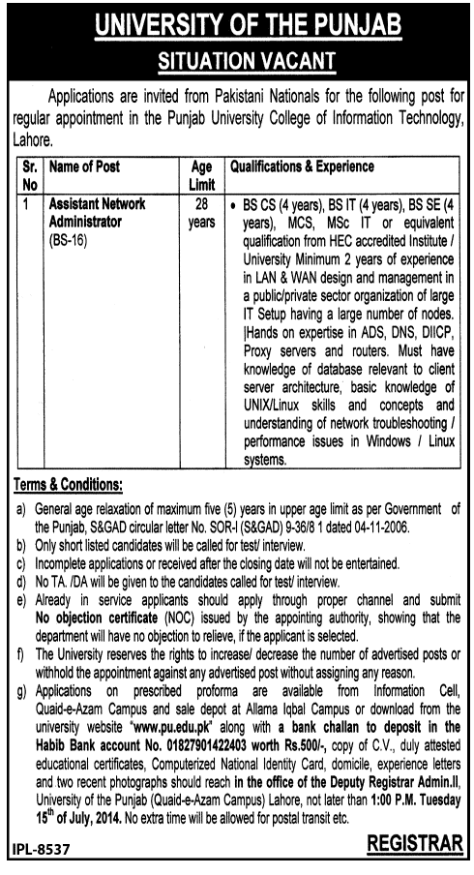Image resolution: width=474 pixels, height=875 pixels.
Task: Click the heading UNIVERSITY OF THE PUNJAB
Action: [x=236, y=25]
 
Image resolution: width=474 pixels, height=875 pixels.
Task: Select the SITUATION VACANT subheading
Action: [x=236, y=61]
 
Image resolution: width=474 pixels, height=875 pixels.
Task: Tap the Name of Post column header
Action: [x=84, y=167]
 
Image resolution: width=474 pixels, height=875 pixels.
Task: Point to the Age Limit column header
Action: [x=201, y=174]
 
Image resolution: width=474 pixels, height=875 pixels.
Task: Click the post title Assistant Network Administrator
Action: [x=97, y=213]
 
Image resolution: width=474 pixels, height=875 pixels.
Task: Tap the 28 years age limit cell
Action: [x=201, y=213]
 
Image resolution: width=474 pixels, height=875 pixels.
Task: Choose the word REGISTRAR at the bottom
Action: [x=415, y=845]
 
